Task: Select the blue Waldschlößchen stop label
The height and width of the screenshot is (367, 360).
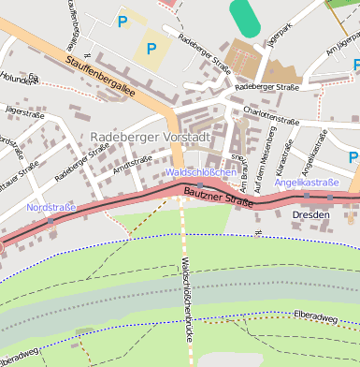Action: tap(200, 172)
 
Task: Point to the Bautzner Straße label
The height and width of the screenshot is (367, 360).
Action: tap(219, 196)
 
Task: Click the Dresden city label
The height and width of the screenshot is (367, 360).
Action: tap(310, 214)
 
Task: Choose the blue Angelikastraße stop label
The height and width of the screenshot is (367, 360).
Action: tap(306, 182)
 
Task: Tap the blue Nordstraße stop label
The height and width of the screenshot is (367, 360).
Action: tap(50, 207)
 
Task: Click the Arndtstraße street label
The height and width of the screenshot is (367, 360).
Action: tap(132, 164)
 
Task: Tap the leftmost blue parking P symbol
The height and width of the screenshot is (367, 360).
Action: tap(122, 20)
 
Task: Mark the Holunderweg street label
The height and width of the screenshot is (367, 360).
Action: tap(21, 79)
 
